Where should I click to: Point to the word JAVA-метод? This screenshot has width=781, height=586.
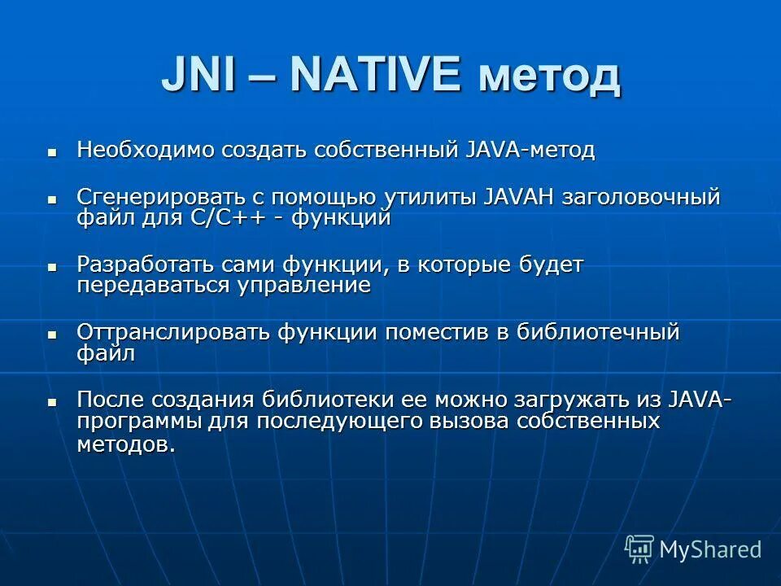click(530, 151)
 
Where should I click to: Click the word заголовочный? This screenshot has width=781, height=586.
click(641, 198)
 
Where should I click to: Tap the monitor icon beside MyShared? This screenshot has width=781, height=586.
click(639, 548)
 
